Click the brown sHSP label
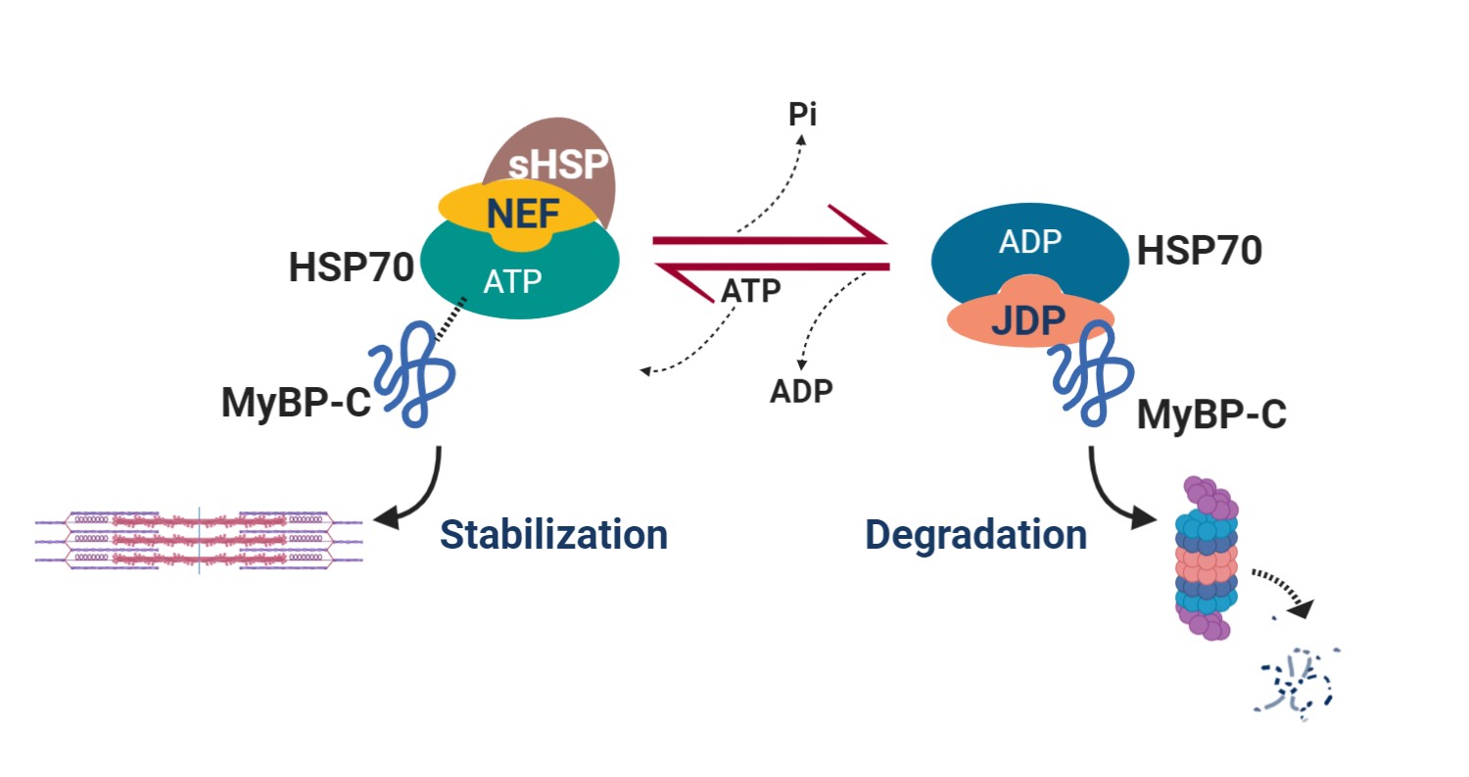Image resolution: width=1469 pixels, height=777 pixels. pos(558,164)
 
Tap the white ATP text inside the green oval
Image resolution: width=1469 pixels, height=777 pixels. pos(513,282)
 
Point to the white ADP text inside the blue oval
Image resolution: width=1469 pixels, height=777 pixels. pos(1030,242)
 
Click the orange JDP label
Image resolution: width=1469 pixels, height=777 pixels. pos(1027,320)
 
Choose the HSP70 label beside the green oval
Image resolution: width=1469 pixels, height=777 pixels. pos(352,267)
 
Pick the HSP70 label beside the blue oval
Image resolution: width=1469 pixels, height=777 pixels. pos(1200,251)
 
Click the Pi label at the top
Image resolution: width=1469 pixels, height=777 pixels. pos(803,115)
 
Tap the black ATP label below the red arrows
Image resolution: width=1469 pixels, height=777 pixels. pos(751,290)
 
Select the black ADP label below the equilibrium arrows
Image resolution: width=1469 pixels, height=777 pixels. pos(801,392)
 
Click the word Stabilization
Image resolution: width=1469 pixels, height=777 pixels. pos(553,534)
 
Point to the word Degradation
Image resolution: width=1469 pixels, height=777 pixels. pos(975,534)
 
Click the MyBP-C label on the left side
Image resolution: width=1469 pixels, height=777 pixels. pos(297,402)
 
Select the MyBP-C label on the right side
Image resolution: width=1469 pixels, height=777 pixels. pos(1212,414)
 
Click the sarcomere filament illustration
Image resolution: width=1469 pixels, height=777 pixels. pos(199,540)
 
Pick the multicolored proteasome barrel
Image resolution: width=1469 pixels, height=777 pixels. pos(1207,558)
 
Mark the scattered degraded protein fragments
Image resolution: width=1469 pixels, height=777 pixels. pos(1296,683)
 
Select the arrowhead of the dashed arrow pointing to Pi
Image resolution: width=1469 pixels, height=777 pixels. pos(801,139)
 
